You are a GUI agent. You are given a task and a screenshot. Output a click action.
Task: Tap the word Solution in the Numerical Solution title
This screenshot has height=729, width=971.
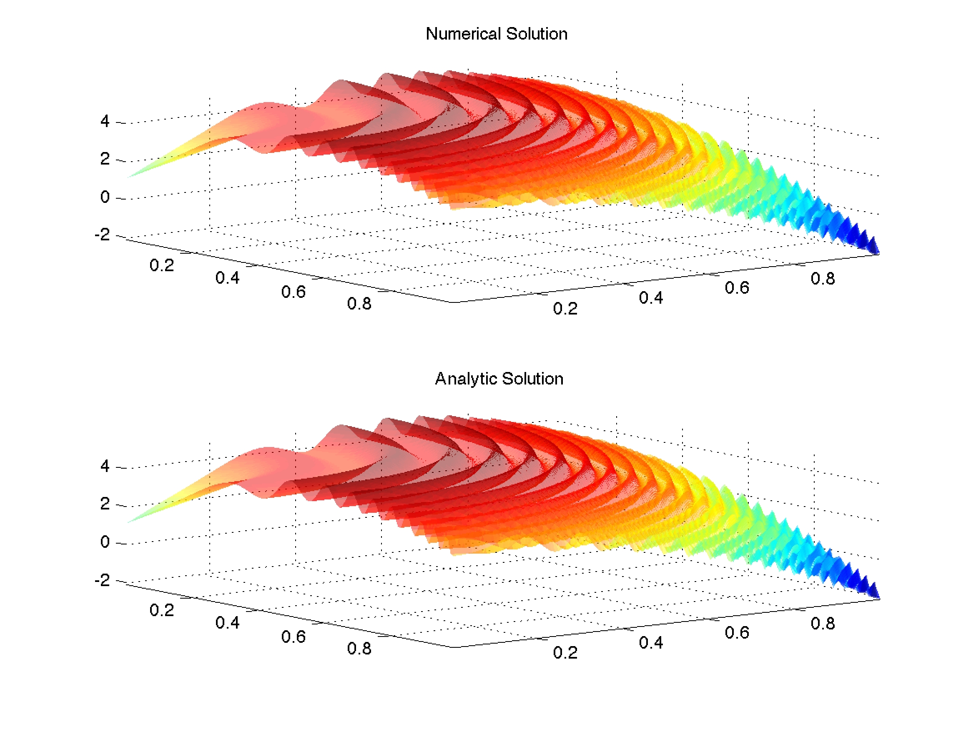(x=537, y=34)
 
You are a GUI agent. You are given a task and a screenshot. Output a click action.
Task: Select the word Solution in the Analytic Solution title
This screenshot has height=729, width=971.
(x=532, y=379)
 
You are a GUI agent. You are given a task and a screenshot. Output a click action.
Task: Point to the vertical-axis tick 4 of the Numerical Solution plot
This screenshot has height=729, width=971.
(x=105, y=121)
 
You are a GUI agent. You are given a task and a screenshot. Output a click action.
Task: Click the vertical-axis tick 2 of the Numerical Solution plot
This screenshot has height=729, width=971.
(x=105, y=158)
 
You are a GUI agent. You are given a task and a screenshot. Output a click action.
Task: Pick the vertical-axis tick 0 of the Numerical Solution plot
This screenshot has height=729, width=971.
(x=105, y=197)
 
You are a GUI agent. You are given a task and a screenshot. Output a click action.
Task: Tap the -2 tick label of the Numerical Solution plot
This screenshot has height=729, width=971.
(x=102, y=234)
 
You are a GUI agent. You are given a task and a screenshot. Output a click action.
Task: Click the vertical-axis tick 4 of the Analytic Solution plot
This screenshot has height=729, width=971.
(x=105, y=465)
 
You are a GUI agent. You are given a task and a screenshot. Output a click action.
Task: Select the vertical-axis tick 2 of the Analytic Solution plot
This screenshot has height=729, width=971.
(x=105, y=504)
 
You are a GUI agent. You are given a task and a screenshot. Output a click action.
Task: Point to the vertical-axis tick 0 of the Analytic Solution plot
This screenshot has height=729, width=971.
(x=105, y=542)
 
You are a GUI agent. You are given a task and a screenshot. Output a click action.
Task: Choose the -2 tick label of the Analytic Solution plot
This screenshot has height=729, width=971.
(x=102, y=580)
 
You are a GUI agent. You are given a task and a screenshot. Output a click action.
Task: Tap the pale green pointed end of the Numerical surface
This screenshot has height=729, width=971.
(x=129, y=177)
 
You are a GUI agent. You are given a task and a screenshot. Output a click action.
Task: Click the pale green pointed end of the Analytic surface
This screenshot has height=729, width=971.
(x=129, y=522)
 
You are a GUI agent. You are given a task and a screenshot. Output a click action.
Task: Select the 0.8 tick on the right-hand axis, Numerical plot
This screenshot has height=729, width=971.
(x=823, y=279)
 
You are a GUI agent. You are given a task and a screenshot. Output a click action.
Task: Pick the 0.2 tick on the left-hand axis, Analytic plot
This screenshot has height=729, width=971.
(x=161, y=610)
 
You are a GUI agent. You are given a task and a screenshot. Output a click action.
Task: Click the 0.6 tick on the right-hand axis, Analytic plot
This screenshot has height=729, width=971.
(x=737, y=632)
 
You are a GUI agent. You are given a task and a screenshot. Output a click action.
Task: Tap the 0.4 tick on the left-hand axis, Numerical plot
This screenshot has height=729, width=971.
(x=227, y=278)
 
